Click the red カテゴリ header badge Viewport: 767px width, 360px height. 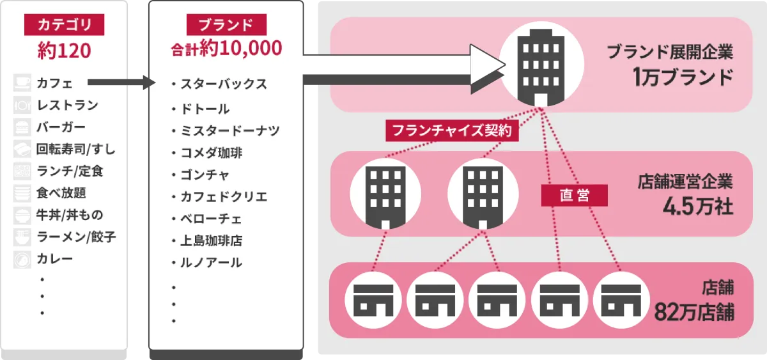click(x=65, y=25)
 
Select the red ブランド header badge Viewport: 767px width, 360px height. click(x=226, y=25)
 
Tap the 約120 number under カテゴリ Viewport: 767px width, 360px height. click(x=65, y=51)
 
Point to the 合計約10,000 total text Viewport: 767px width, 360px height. click(x=226, y=49)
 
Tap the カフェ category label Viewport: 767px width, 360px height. click(x=54, y=82)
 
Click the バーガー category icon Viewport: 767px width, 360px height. click(x=22, y=127)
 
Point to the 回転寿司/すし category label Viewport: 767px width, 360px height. click(x=76, y=150)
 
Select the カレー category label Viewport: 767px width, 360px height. click(x=54, y=259)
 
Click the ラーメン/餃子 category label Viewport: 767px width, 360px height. click(x=76, y=237)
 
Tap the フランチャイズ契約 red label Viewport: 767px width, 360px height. click(x=452, y=132)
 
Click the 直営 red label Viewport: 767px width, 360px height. click(x=574, y=196)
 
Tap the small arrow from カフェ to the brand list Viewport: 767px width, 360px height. click(x=121, y=82)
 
